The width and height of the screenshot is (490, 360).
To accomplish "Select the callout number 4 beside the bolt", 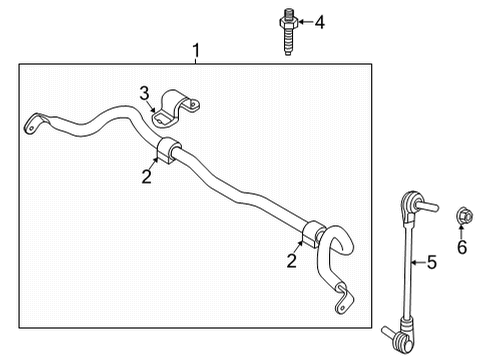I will point(320,21).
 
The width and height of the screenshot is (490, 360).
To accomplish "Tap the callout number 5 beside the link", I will point(432,263).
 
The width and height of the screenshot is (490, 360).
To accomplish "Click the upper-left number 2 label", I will point(146,177).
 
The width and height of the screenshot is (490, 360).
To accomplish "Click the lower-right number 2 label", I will point(291,261).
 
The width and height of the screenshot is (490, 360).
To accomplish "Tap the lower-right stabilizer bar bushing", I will point(315,240).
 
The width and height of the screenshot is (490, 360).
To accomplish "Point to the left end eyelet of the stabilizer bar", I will point(33,124).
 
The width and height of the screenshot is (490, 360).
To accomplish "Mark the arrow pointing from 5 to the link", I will point(416,262).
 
